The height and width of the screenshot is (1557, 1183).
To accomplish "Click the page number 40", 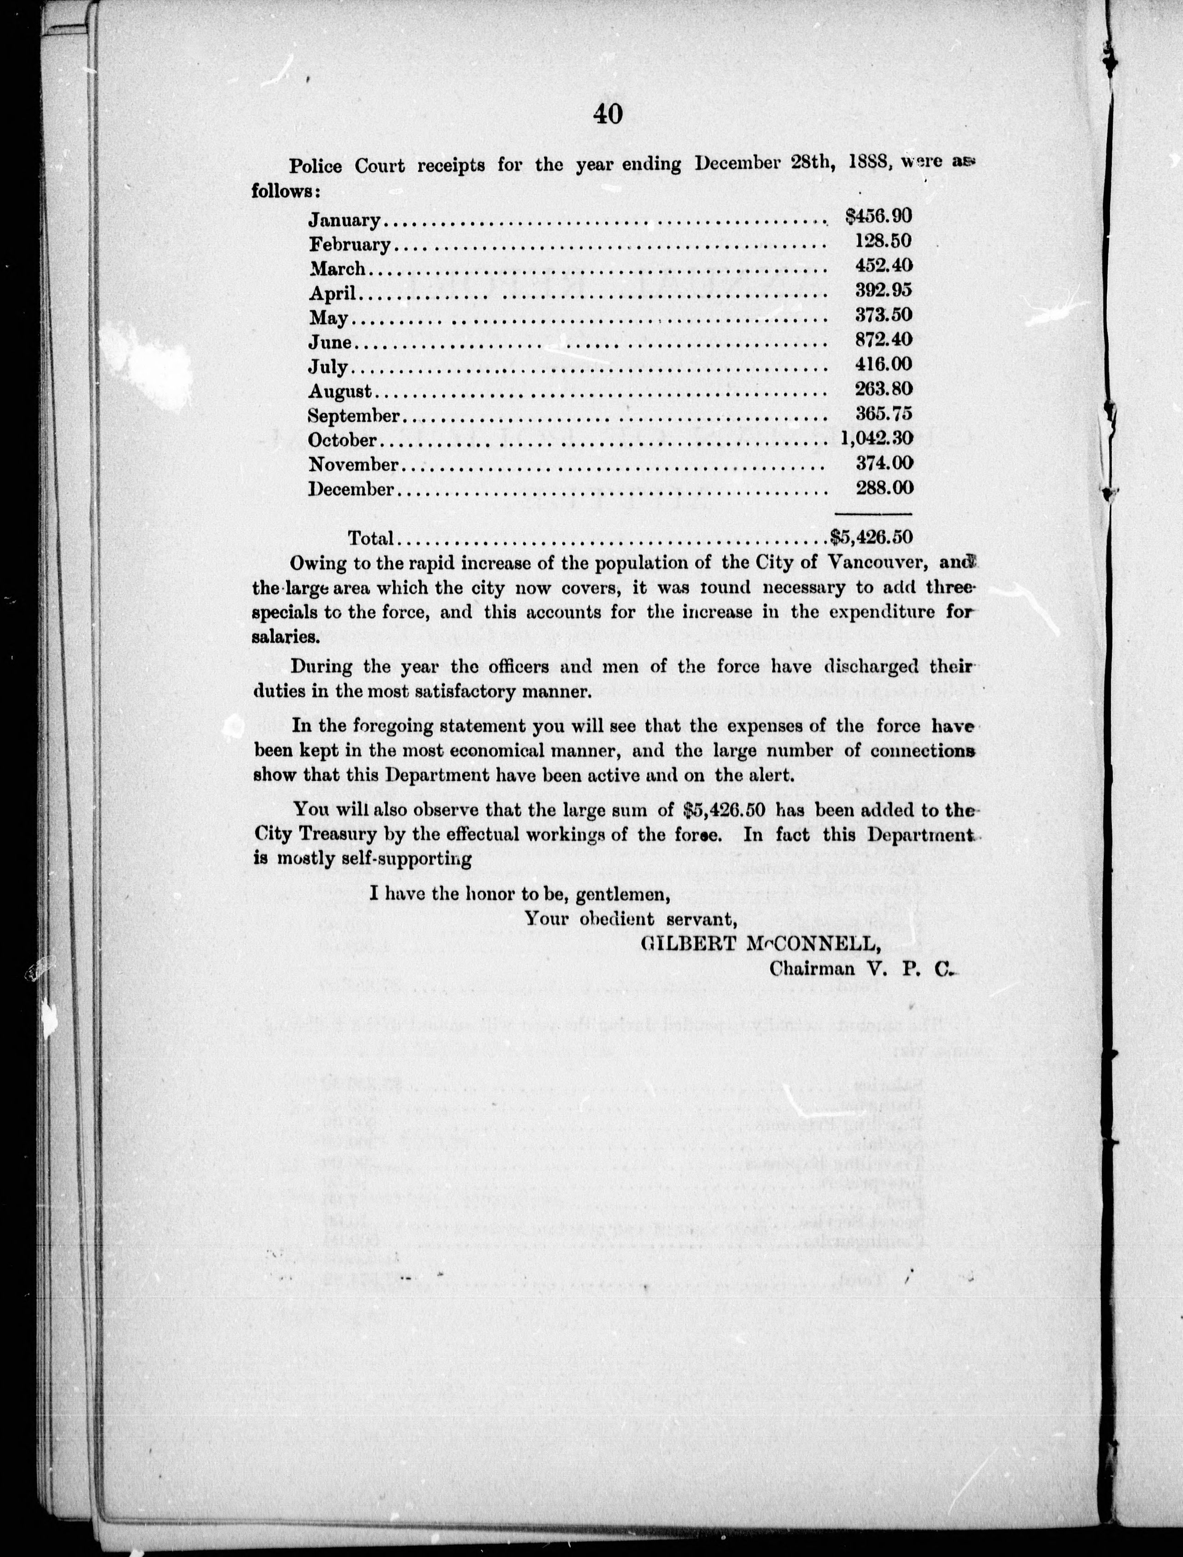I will (x=608, y=113).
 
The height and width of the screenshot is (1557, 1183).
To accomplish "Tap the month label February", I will (x=349, y=244).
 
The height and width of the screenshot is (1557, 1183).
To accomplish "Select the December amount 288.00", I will (x=883, y=487).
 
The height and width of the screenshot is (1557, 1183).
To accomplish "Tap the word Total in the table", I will (x=370, y=538).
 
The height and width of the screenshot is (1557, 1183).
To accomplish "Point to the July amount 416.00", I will (x=883, y=363).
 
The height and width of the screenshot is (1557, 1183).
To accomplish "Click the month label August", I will (x=340, y=392).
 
